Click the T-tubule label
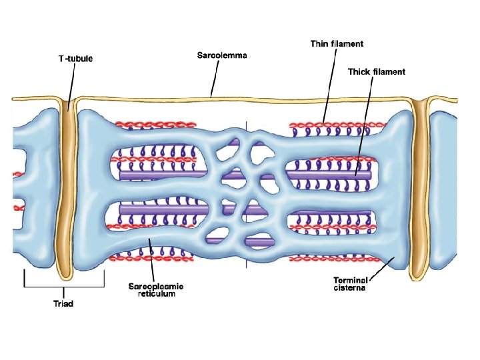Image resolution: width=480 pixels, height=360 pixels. tap(75, 59)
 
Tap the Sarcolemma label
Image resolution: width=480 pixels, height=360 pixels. tap(222, 55)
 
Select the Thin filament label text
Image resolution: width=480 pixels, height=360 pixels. tap(337, 44)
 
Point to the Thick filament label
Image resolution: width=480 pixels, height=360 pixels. tap(377, 72)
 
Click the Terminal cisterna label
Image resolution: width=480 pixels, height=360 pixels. tap(351, 285)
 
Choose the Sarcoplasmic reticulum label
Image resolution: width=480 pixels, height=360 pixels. tap(155, 290)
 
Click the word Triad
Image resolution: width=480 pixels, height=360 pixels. tap(63, 304)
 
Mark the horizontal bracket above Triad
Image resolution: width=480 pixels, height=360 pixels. tap(64, 287)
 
